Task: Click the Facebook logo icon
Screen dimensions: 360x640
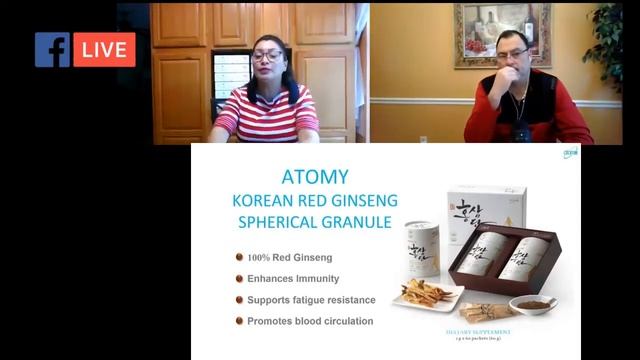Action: tap(52, 50)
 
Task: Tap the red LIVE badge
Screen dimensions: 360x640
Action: tap(104, 50)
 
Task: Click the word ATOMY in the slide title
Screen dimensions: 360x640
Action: tap(315, 177)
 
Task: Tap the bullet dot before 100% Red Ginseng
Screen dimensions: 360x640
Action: tap(239, 257)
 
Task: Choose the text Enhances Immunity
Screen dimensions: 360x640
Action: tap(295, 278)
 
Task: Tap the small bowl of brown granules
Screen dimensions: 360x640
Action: tap(533, 303)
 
